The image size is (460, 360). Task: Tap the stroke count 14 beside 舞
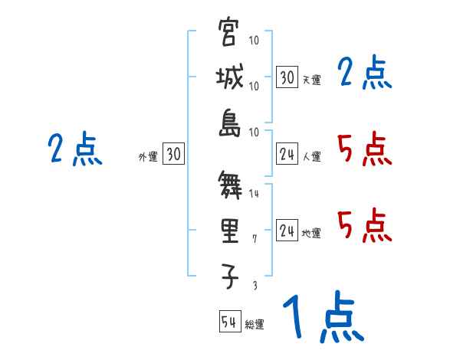click(255, 195)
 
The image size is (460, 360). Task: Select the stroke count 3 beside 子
click(255, 285)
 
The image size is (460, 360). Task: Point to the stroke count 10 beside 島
click(255, 132)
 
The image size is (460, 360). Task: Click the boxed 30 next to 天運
click(287, 77)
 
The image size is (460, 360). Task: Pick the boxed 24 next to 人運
click(287, 154)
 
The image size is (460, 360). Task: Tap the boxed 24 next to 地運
click(287, 231)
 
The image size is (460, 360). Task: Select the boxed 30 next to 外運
click(173, 154)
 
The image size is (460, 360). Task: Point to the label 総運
click(254, 325)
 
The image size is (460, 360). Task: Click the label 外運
click(148, 157)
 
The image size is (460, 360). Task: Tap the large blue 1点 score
click(322, 318)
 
